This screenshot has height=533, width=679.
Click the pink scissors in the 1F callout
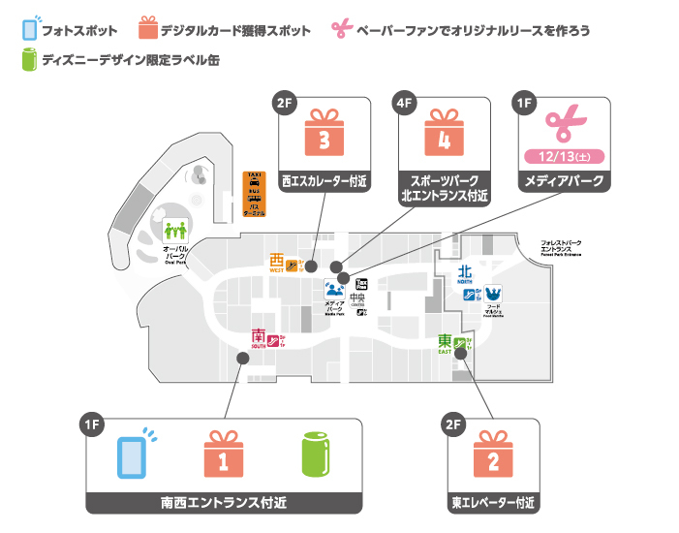tap(563, 122)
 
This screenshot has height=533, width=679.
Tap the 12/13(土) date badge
tap(564, 156)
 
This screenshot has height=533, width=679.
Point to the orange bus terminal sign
tap(255, 194)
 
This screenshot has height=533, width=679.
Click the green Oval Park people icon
tap(174, 232)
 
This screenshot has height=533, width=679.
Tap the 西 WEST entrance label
tap(278, 263)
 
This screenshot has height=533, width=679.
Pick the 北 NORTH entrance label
tap(465, 274)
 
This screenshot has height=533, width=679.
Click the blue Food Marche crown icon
tap(492, 293)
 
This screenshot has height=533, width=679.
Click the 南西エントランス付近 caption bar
tap(224, 502)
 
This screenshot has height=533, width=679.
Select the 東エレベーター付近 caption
tap(493, 503)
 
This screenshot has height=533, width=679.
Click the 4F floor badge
tap(403, 102)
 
